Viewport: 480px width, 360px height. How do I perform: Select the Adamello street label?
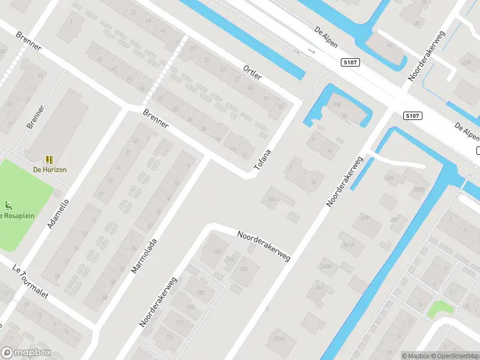(58, 214)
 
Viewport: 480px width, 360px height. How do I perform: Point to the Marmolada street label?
(144, 256)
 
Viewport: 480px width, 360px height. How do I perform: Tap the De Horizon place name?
(49, 169)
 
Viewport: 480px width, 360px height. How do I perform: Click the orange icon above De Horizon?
(49, 160)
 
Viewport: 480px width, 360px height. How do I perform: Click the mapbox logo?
(26, 353)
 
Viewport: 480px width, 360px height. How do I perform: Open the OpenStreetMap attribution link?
(454, 356)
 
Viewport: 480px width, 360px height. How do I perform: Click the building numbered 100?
(272, 198)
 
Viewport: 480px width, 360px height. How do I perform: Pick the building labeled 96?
(313, 182)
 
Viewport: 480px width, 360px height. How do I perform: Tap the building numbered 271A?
(278, 339)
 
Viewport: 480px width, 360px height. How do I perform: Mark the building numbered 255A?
(418, 190)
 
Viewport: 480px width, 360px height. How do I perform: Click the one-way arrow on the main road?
(311, 52)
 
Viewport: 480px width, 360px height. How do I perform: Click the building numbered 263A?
(326, 266)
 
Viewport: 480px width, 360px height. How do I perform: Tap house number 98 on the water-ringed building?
(344, 116)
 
